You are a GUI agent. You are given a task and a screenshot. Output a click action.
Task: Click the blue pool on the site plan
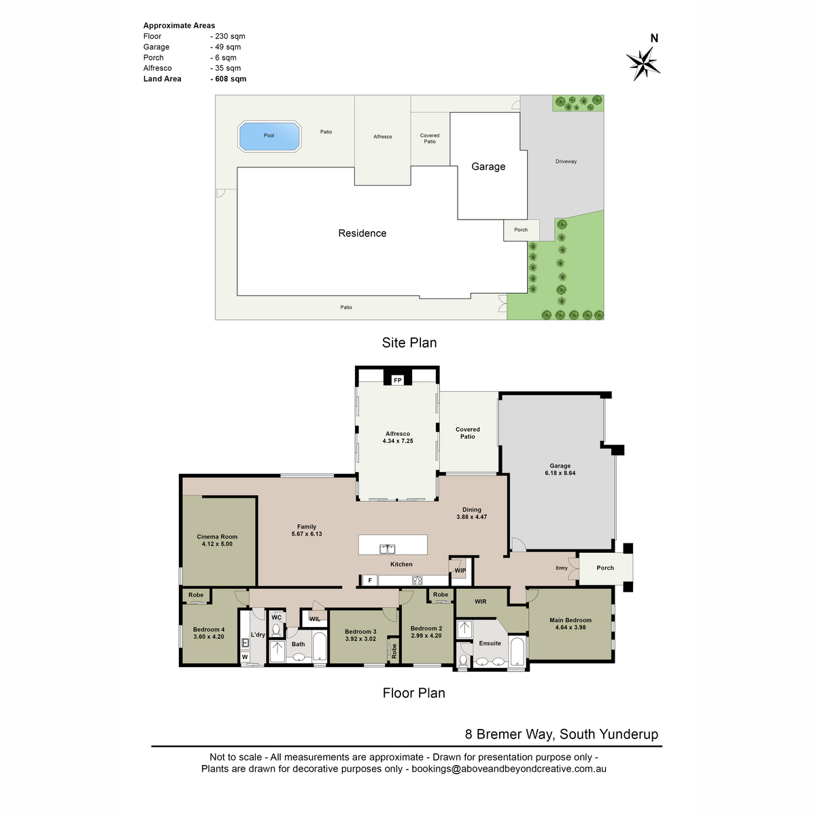coord(269,137)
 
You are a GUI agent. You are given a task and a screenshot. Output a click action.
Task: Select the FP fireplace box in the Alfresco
coord(397,380)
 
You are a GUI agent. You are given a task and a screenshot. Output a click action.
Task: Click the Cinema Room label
coord(217,537)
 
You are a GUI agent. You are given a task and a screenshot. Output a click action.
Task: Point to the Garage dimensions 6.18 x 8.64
coord(560,473)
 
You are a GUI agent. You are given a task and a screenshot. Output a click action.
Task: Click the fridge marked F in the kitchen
coord(370,580)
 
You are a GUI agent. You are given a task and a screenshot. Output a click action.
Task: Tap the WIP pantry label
coord(460,571)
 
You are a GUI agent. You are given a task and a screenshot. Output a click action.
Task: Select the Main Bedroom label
coord(571,620)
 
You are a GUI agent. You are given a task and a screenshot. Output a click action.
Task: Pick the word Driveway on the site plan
coord(566,161)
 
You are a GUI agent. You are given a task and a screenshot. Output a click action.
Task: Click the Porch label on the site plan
coord(521,230)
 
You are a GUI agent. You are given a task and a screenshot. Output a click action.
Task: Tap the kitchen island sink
coord(388,549)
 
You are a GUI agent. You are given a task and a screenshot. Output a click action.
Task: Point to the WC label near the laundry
coord(277,617)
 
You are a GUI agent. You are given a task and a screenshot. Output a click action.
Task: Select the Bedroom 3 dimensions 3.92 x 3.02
coord(360,639)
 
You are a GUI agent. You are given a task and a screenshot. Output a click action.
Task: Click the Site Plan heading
coord(409,343)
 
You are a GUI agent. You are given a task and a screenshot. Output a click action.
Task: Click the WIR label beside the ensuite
coord(480,601)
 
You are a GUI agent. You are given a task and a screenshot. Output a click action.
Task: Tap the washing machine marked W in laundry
coord(245,657)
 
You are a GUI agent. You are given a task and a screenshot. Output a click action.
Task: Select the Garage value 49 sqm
coord(228,47)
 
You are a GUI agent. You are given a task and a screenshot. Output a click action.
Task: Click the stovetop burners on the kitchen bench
coord(417,580)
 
